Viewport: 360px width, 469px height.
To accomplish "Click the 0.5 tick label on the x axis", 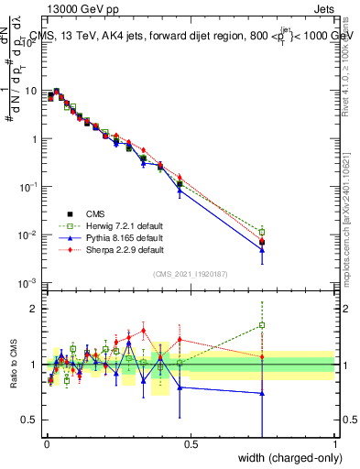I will point(191,444).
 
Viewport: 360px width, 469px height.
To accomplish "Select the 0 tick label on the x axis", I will point(46,444).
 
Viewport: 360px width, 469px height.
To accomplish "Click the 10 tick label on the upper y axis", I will point(29,92).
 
